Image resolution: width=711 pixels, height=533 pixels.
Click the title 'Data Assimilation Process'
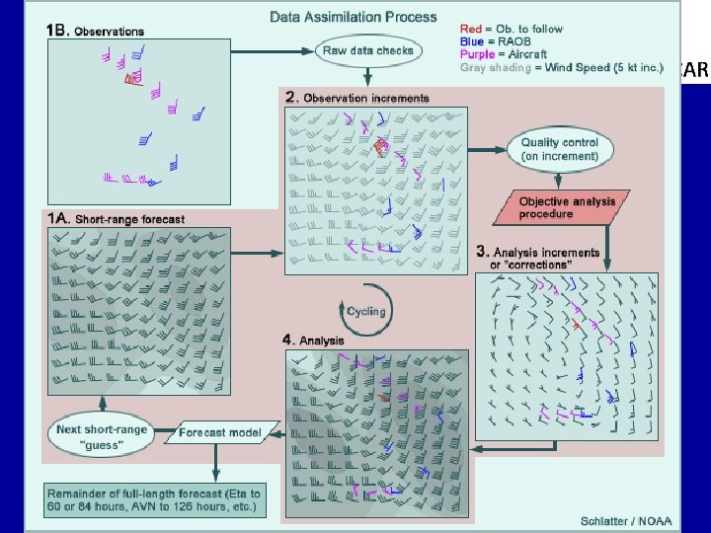pyautogui.click(x=354, y=17)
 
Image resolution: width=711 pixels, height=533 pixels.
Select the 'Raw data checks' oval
pyautogui.click(x=367, y=49)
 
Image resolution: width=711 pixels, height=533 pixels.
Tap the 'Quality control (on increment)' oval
pyautogui.click(x=560, y=149)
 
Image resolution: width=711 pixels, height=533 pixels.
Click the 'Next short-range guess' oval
pyautogui.click(x=103, y=437)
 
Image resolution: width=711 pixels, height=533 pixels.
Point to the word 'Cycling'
pyautogui.click(x=365, y=311)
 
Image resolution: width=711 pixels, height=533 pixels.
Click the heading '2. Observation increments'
pyautogui.click(x=356, y=98)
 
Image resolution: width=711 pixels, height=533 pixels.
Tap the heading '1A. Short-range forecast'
pyautogui.click(x=115, y=217)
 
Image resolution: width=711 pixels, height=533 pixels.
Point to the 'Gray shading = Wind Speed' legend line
pyautogui.click(x=565, y=68)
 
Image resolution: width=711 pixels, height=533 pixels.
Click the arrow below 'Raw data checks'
pyautogui.click(x=367, y=74)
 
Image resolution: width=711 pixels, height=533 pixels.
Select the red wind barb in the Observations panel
pyautogui.click(x=130, y=79)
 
